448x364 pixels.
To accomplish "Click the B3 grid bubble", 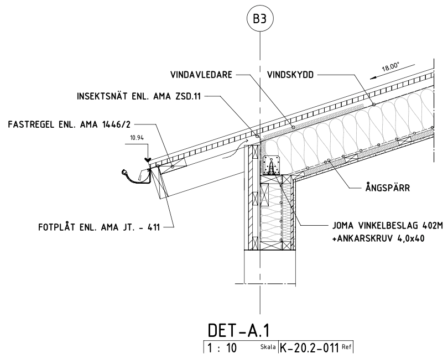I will click(260, 18).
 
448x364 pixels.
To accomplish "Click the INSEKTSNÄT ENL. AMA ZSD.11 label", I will click(140, 96).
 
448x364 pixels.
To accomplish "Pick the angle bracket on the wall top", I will click(273, 166).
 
